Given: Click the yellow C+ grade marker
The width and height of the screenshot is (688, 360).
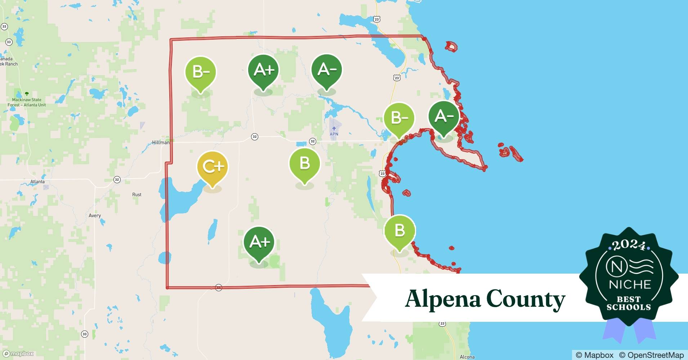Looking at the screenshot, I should click(x=213, y=167).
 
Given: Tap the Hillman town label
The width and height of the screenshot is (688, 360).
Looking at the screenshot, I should click(x=161, y=143).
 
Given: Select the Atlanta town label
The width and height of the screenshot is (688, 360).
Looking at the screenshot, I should click(x=37, y=182).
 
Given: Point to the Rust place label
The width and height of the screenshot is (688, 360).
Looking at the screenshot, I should click(x=137, y=194).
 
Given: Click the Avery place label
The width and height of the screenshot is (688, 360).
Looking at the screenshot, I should click(x=95, y=216).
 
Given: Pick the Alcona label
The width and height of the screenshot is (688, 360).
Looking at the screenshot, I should click(x=467, y=357).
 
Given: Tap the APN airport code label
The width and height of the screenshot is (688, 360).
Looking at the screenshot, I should click(x=334, y=134).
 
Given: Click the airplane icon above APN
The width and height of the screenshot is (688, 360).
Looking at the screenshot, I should click(x=334, y=128).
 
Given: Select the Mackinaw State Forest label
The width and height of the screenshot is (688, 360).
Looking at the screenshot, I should click(x=27, y=102).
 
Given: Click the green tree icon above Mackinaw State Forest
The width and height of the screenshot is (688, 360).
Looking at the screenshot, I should click(x=26, y=94).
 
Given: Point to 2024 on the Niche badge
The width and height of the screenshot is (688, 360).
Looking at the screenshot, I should click(x=629, y=246).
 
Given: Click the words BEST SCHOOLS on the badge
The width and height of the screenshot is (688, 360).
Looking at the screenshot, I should click(x=629, y=303).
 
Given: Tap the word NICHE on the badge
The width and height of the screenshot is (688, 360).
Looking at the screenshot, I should click(x=630, y=284).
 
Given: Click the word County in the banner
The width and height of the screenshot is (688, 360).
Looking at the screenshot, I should click(x=526, y=299).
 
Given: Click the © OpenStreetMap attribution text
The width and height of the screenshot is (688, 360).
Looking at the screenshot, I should click(x=651, y=355).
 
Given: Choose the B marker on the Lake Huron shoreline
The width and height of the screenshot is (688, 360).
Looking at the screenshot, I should click(x=400, y=231).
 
